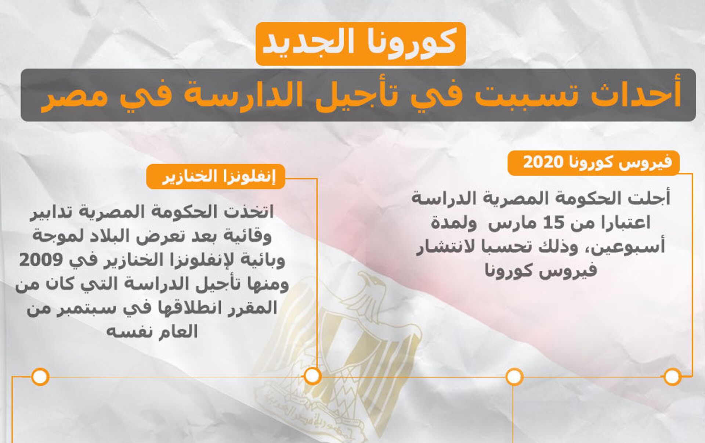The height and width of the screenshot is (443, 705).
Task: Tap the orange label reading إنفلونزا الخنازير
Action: point(216,176)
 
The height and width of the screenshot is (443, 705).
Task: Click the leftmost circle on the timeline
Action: point(40,377)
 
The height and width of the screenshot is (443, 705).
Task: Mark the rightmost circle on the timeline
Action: point(673,377)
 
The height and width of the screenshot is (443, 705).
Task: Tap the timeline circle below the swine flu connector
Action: point(312,376)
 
